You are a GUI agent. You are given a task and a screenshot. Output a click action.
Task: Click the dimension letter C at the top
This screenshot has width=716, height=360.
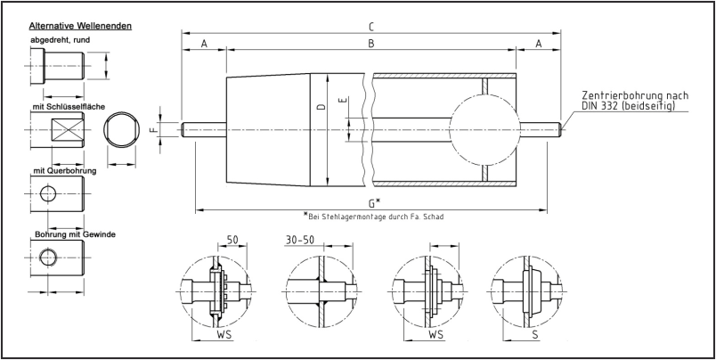[x=370, y=25]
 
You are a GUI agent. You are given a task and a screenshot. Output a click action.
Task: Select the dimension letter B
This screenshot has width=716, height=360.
[x=370, y=43]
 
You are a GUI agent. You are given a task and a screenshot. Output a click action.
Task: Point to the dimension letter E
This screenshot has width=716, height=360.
[x=341, y=100]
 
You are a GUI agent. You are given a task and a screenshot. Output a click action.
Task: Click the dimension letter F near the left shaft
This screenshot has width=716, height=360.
[x=154, y=129]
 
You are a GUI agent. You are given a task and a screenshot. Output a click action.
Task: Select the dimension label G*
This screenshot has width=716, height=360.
[x=371, y=203]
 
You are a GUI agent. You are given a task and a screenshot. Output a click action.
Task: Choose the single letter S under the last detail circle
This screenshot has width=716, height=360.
[x=534, y=337]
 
